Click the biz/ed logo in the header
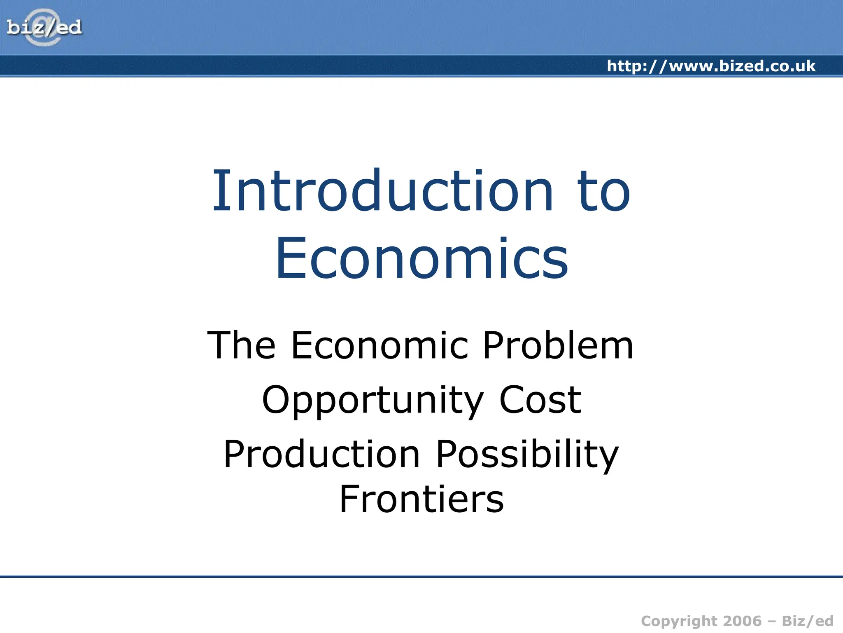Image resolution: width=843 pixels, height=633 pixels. point(44,28)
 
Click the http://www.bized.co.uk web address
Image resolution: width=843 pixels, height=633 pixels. point(711,66)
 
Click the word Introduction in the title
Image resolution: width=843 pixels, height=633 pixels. point(383,191)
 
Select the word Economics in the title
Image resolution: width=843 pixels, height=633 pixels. point(421,259)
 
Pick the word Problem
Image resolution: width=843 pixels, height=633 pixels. point(558,345)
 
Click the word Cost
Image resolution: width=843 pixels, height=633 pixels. point(540,400)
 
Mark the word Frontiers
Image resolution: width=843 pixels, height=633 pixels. point(421,499)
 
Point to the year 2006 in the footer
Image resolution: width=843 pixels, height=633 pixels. point(742,621)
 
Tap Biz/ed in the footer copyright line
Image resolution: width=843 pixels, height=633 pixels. point(808,621)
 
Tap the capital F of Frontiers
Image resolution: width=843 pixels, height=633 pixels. point(349,499)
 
